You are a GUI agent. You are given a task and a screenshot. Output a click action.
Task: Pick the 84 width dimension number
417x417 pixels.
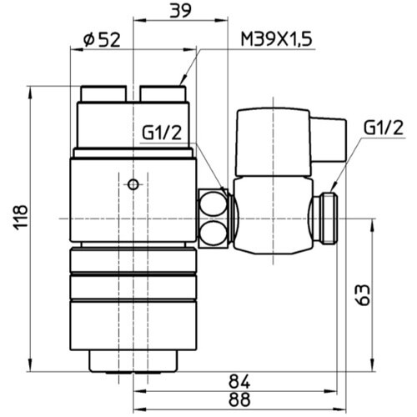(239, 380)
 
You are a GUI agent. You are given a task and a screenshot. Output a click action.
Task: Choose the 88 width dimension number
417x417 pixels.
(239, 399)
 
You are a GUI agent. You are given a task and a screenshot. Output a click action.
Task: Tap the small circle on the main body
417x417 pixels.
(132, 183)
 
